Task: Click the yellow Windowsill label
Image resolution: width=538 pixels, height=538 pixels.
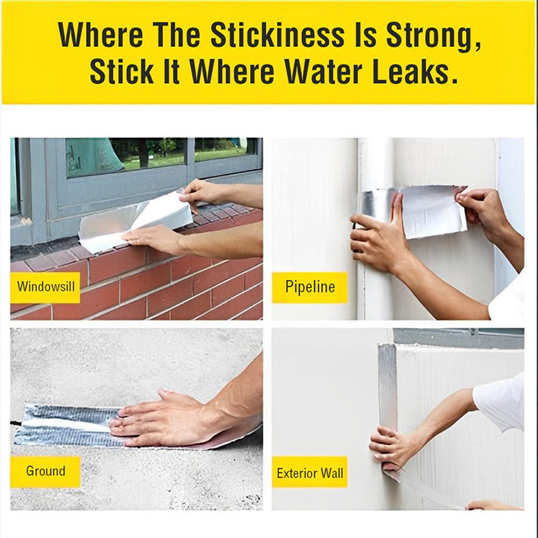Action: pos(45,287)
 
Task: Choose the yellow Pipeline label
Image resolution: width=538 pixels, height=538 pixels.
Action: pos(310,287)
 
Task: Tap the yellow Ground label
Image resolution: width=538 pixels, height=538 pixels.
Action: pos(45,471)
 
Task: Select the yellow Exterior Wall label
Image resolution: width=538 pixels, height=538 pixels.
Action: pos(310,472)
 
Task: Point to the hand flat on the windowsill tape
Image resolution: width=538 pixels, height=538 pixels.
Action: pos(158,240)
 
